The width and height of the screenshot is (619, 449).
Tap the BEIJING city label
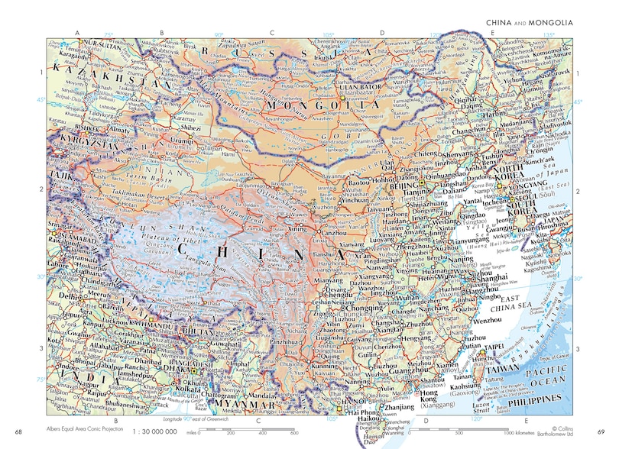pos(402,186)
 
